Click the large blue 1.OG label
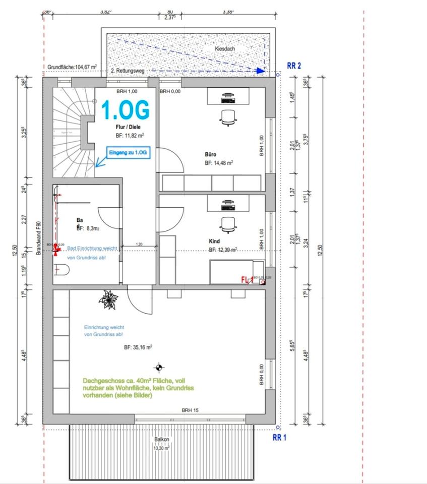[x=126, y=110]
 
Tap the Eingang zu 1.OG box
[x=130, y=152]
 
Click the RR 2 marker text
[x=294, y=66]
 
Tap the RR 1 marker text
[x=279, y=438]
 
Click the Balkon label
[x=161, y=440]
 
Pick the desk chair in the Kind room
[x=227, y=224]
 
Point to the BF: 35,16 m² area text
[x=138, y=347]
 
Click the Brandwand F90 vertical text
[x=38, y=237]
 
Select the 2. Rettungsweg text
[x=128, y=71]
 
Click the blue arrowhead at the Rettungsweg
[x=260, y=71]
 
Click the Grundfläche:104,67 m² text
[x=72, y=67]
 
